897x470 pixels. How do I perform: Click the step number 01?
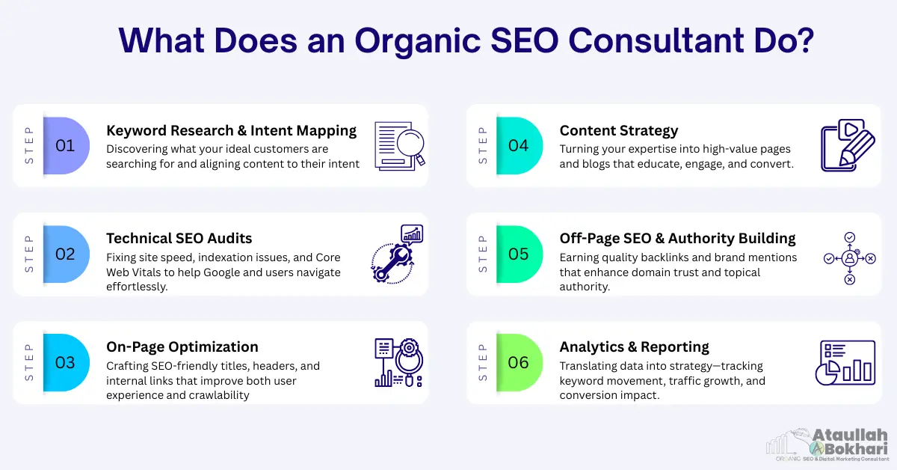coord(65,145)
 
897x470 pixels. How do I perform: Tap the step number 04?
coord(518,145)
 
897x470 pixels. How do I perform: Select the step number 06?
coord(518,362)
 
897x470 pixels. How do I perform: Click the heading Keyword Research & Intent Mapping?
coord(231,130)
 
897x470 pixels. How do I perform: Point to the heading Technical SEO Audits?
coord(179,238)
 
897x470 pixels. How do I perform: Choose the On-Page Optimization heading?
coord(182,347)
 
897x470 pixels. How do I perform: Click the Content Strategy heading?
coord(618,130)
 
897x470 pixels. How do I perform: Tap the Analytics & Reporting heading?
coord(634,347)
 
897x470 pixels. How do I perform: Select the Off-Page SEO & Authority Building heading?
coord(677,238)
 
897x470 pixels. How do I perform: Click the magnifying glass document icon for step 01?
coord(398,144)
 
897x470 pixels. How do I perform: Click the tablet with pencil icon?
coord(848,144)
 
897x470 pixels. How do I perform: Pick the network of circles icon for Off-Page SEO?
coord(849,258)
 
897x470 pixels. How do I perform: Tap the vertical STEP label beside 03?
coord(28,362)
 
